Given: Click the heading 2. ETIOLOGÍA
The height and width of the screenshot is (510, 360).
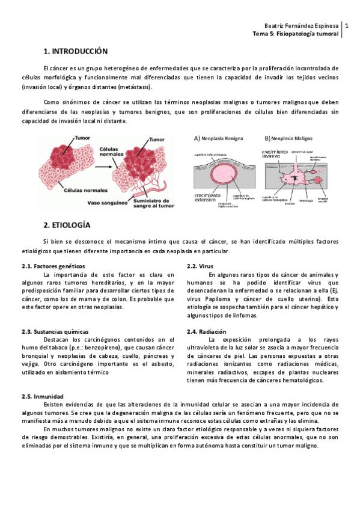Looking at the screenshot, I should click(x=67, y=225).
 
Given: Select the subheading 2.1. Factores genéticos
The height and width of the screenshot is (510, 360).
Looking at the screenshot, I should click(x=52, y=266).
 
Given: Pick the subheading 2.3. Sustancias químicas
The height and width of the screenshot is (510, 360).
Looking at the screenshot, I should click(x=55, y=331).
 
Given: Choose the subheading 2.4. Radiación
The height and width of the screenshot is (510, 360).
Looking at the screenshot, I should click(x=206, y=331).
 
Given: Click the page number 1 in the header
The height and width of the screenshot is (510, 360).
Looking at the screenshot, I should click(x=347, y=26).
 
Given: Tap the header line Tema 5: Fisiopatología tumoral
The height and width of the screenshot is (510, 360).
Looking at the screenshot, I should click(x=297, y=34).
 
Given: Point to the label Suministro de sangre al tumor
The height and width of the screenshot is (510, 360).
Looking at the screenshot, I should click(x=153, y=204).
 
